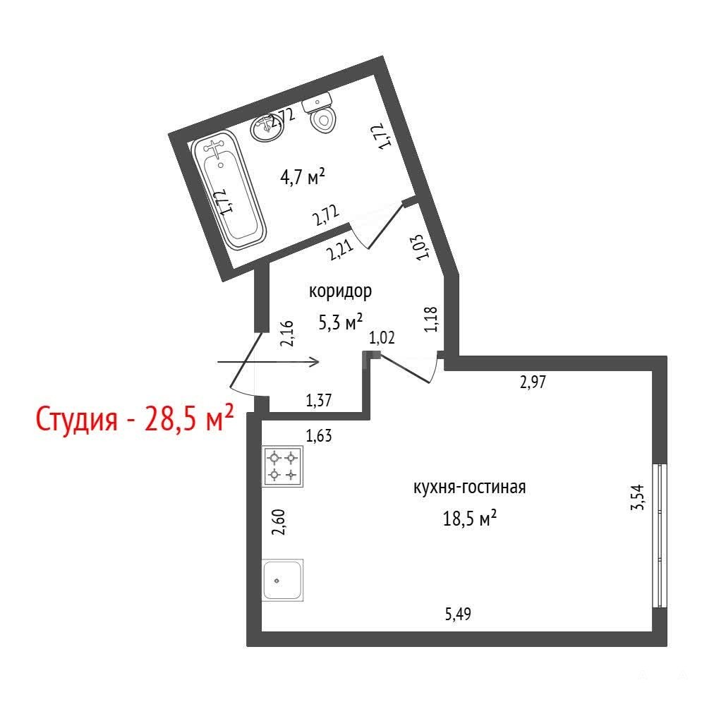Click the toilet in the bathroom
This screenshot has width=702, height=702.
click(320, 113)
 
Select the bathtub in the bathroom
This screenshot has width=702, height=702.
click(229, 190)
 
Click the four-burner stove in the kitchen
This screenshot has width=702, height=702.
click(282, 466)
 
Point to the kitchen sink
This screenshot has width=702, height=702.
click(283, 580)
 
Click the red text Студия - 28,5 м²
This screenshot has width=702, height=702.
click(134, 418)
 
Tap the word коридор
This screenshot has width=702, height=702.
click(340, 291)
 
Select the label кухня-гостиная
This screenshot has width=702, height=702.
click(469, 487)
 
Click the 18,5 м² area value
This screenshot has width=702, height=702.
click(470, 519)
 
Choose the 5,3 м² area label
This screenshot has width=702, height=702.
click(340, 322)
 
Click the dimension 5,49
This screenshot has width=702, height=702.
click(458, 614)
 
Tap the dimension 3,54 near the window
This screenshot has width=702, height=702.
click(637, 497)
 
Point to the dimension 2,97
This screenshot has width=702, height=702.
click(533, 382)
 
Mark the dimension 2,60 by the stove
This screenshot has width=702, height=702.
click(278, 522)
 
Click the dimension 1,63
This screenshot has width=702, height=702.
click(319, 435)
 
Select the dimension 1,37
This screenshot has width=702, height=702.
click(319, 400)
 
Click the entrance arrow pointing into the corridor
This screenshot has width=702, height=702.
click(268, 361)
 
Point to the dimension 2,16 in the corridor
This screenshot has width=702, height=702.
click(286, 333)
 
